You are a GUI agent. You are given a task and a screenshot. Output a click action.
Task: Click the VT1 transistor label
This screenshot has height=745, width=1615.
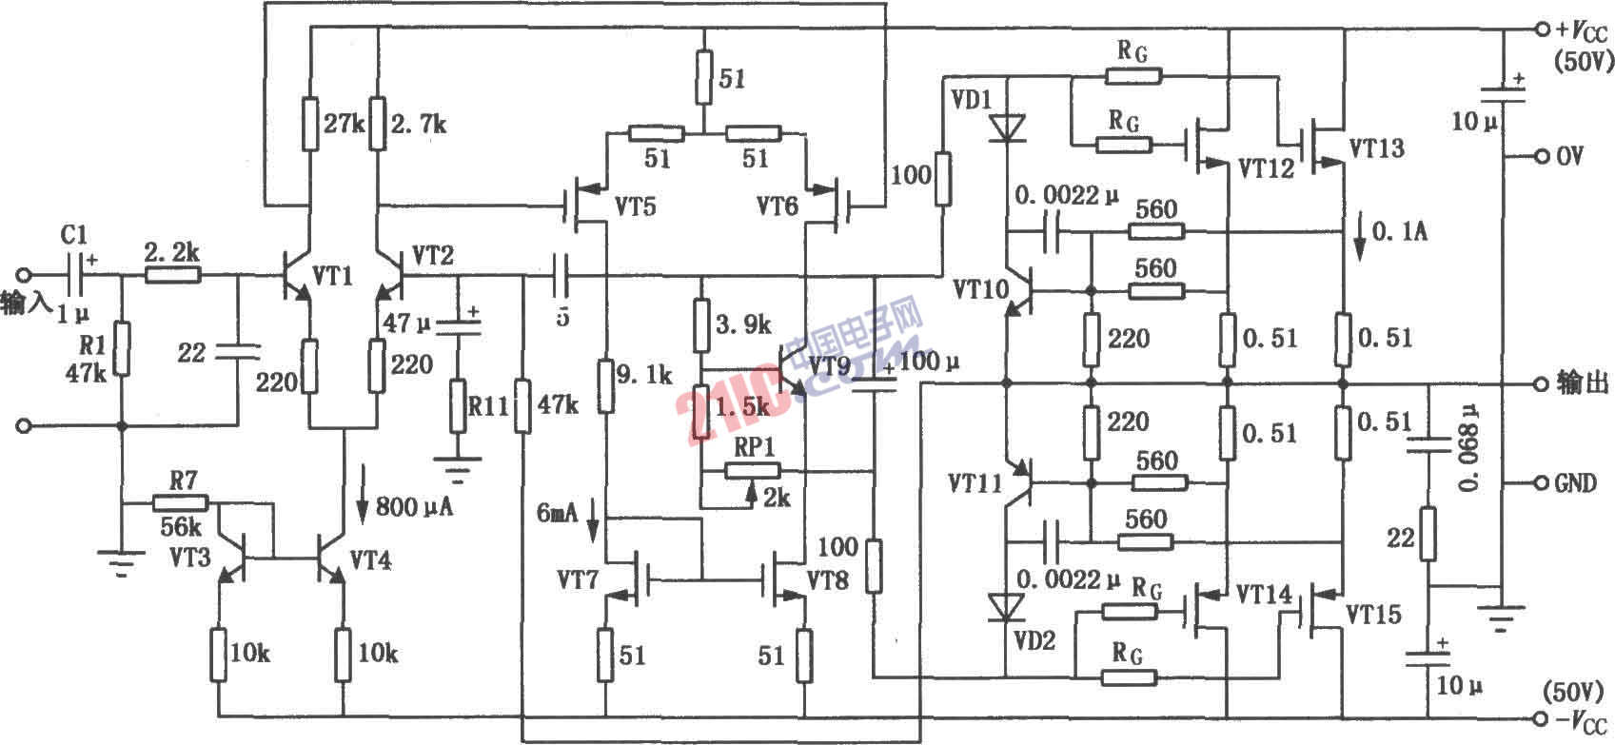click(333, 276)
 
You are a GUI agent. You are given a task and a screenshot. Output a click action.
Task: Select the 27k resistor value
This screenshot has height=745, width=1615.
click(345, 125)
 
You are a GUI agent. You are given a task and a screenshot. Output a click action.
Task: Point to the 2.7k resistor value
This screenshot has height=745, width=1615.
click(420, 125)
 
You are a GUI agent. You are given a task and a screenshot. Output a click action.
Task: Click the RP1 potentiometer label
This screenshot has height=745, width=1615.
click(755, 447)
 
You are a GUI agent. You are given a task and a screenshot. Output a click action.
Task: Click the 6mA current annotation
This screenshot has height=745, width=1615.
click(558, 514)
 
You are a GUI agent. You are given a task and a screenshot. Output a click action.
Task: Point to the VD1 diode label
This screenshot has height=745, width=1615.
click(972, 99)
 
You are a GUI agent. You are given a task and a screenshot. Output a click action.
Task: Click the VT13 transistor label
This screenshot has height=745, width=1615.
click(1376, 147)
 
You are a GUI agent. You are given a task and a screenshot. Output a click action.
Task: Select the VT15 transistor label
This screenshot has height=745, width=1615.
click(1373, 614)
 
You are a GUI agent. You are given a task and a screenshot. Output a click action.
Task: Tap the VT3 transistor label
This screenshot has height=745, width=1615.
click(191, 556)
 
